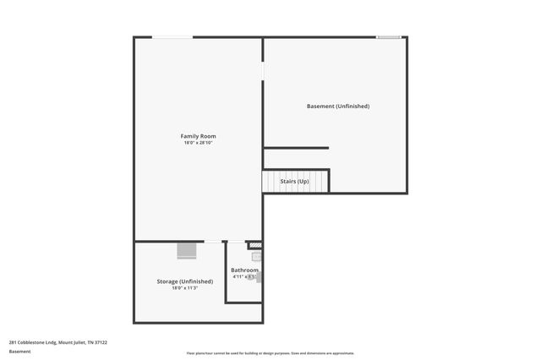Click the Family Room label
pyautogui.click(x=198, y=136)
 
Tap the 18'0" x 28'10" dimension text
pyautogui.click(x=198, y=143)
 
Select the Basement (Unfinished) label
pyautogui.click(x=337, y=106)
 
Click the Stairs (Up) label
pyautogui.click(x=295, y=181)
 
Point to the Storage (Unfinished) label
pyautogui.click(x=184, y=281)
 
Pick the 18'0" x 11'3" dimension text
pyautogui.click(x=184, y=288)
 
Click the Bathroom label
pyautogui.click(x=244, y=270)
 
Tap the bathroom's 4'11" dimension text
pyautogui.click(x=238, y=276)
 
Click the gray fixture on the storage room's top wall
pyautogui.click(x=187, y=250)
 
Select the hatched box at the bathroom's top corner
pyautogui.click(x=256, y=246)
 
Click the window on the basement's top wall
pyautogui.click(x=388, y=37)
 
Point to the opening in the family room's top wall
pyautogui.click(x=172, y=37)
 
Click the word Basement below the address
pyautogui.click(x=19, y=351)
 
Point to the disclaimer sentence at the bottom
pyautogui.click(x=270, y=353)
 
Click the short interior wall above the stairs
pyautogui.click(x=296, y=149)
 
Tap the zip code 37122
pyautogui.click(x=100, y=342)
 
